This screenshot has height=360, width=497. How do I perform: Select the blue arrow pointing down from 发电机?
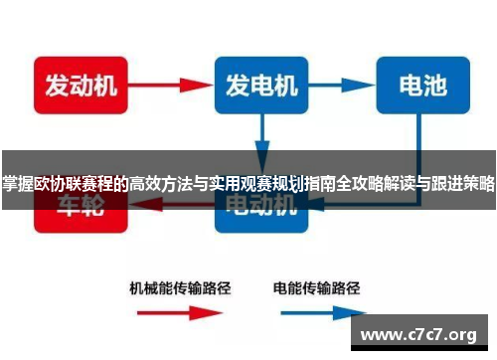[261, 133]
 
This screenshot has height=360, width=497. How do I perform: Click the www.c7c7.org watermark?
[422, 333]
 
